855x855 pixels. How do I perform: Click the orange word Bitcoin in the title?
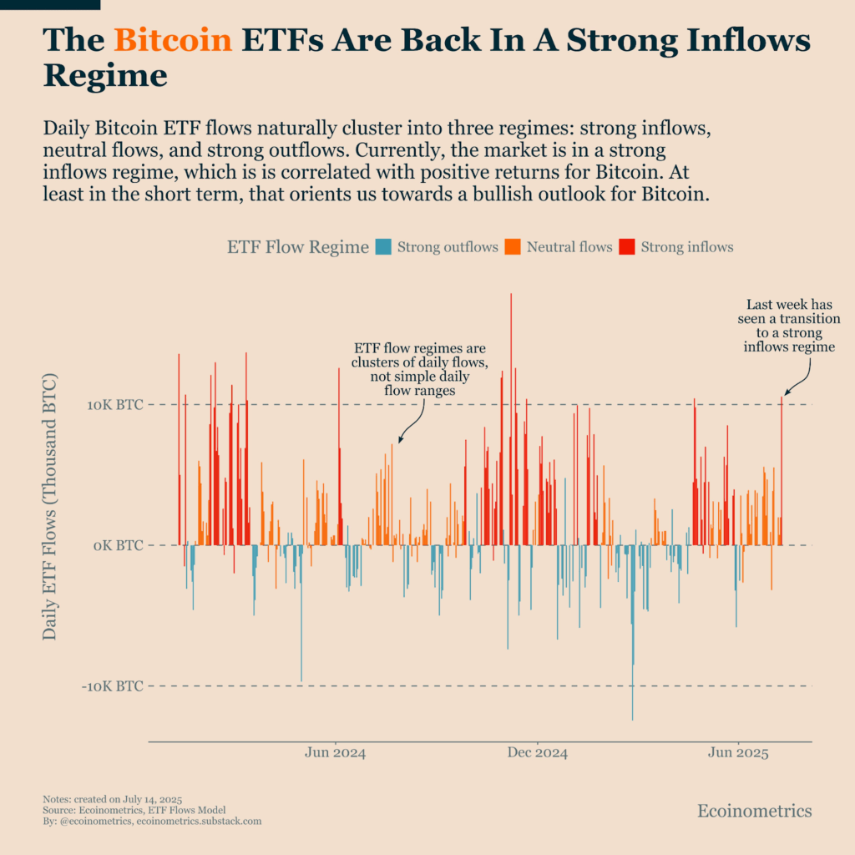(173, 40)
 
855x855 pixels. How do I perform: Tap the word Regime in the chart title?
(105, 76)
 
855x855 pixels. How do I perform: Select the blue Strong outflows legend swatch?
(384, 247)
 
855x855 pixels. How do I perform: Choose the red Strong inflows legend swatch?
(627, 247)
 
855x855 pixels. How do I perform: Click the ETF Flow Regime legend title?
(297, 247)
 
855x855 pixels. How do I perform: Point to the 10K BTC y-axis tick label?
(115, 405)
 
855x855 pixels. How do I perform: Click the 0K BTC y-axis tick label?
(118, 545)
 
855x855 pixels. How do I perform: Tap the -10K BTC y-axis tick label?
(113, 686)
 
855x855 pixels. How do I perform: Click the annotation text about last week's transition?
(789, 326)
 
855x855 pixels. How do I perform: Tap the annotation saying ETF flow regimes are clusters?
(419, 368)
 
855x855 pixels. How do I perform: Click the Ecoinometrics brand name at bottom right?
(754, 811)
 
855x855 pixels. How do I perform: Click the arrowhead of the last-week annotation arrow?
(784, 394)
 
